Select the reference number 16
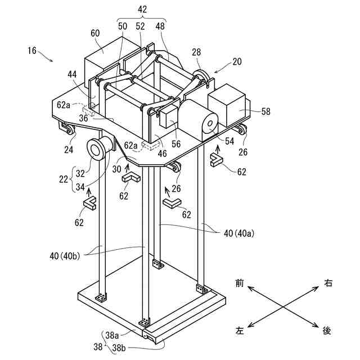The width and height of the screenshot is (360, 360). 31,51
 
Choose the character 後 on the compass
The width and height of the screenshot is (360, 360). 327,330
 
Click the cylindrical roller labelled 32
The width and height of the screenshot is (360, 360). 98,150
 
